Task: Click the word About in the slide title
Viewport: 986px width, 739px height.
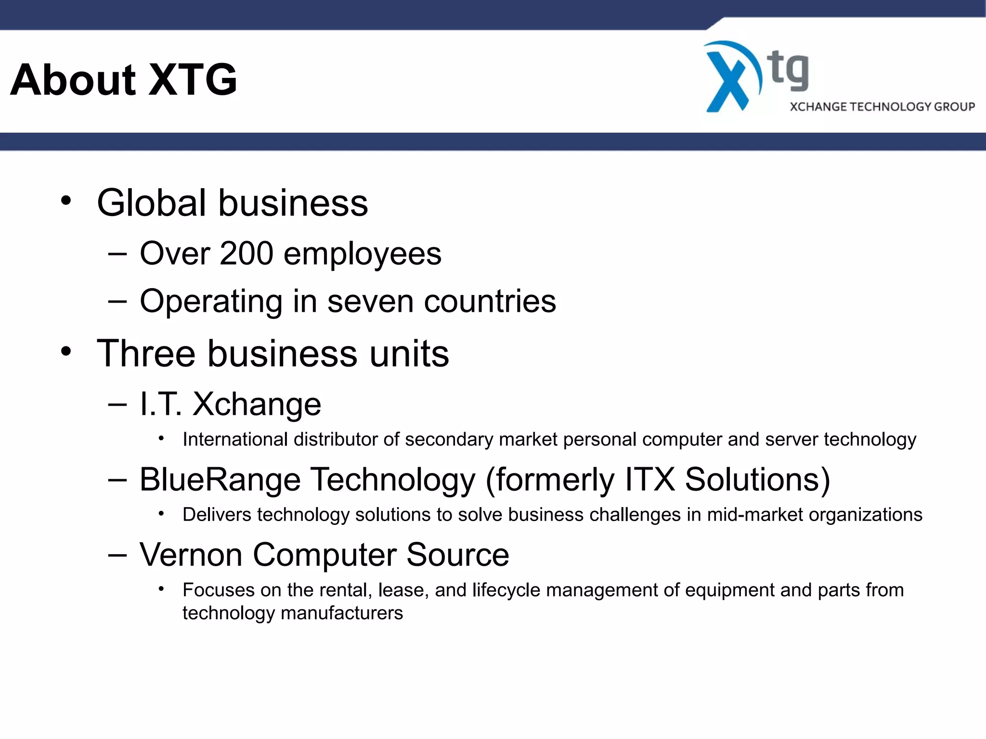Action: pos(73,80)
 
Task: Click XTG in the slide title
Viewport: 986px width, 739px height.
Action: pos(192,80)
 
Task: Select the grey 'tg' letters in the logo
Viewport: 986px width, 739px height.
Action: pos(788,71)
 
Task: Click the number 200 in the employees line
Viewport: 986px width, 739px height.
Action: pos(246,254)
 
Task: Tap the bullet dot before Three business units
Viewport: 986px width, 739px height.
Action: pos(66,352)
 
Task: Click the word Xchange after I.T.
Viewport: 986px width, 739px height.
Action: pos(257,404)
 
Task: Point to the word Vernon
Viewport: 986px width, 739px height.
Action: pos(191,555)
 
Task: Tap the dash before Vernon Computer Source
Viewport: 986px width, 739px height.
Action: pos(117,555)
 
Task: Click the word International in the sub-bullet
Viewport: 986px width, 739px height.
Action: pos(235,439)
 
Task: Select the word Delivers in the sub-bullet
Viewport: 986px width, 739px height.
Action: pos(217,515)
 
